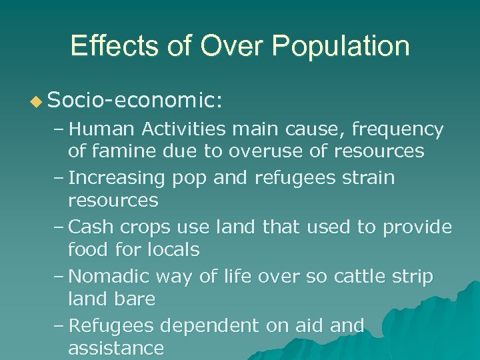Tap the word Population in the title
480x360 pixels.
coord(341,47)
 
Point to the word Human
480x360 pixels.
coord(100,128)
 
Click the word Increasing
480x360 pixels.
coord(117,178)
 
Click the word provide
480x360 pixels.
coord(417,227)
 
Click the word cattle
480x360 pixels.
coord(361,276)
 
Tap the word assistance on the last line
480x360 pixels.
coord(115,348)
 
